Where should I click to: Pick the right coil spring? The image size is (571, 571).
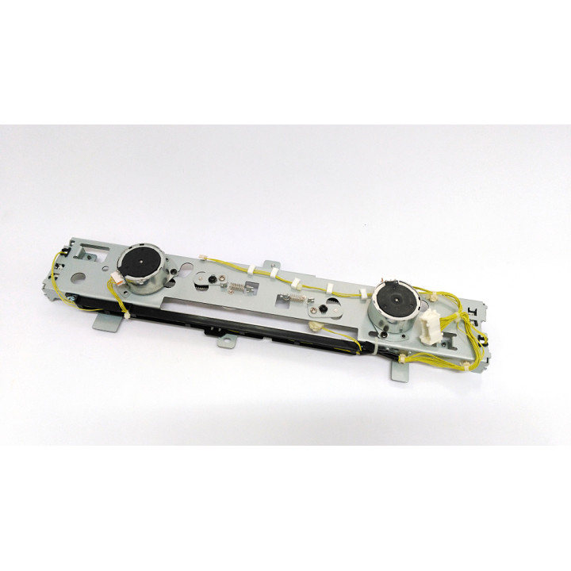[x=295, y=299]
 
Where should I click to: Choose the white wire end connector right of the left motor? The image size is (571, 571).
[x=202, y=258]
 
